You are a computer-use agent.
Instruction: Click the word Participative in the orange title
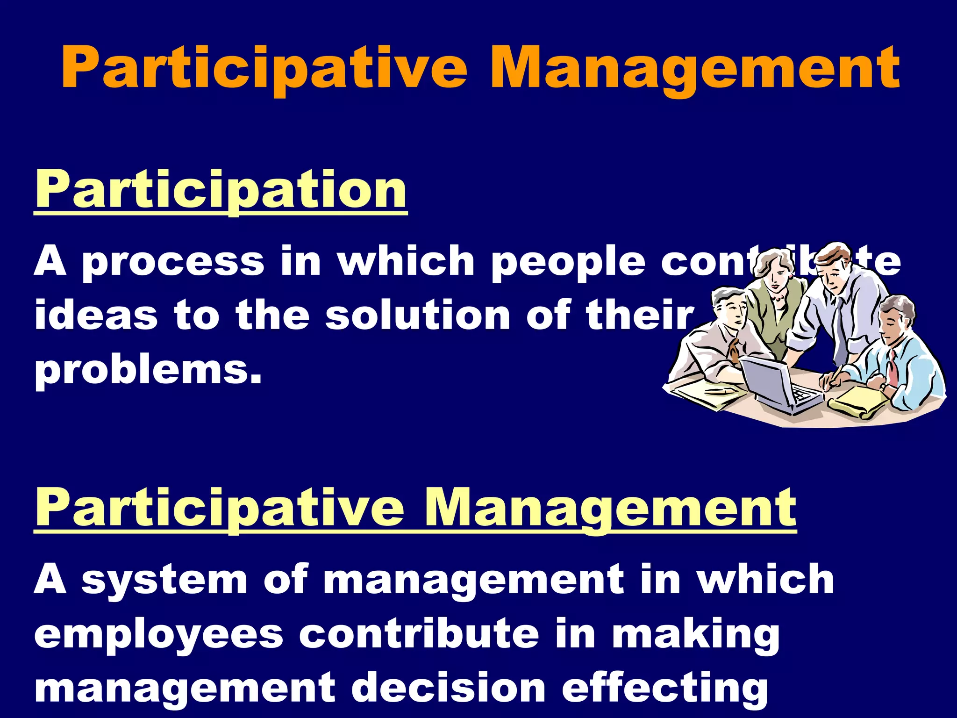[264, 69]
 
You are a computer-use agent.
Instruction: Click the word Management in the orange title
[694, 69]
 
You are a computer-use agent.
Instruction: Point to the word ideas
[96, 316]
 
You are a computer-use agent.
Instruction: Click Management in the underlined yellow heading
[610, 507]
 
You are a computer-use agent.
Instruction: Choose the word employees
[159, 634]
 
